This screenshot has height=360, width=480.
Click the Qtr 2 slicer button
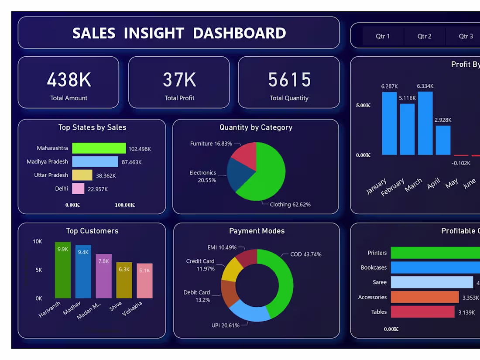click(424, 36)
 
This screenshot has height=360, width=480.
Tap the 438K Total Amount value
click(69, 80)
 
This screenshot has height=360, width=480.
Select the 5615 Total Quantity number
click(289, 80)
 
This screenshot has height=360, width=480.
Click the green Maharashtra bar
click(99, 148)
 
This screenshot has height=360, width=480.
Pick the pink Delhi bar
click(78, 189)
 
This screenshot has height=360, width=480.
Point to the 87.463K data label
click(131, 162)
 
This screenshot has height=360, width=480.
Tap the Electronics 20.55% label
click(203, 176)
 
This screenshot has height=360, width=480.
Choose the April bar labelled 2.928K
click(443, 140)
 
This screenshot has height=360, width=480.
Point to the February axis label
click(392, 187)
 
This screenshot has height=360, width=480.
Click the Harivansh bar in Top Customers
click(62, 271)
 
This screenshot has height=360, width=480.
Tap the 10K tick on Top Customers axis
click(38, 241)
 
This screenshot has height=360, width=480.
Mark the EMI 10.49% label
click(222, 247)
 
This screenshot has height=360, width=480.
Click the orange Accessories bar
click(425, 297)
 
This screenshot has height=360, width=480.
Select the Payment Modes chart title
click(257, 231)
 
